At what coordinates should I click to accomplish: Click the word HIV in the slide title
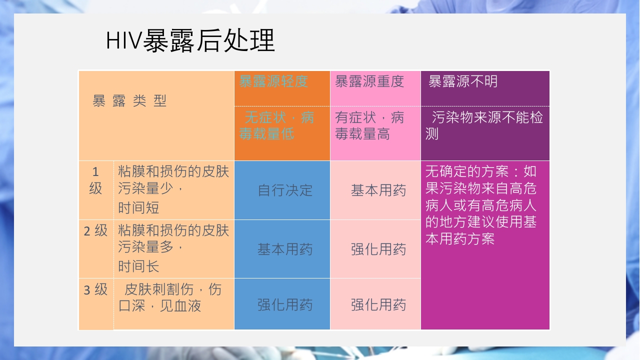tap(123, 40)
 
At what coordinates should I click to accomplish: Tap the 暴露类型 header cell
tap(129, 101)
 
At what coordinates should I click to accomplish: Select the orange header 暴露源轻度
tap(273, 81)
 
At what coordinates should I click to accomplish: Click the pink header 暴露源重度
tap(369, 81)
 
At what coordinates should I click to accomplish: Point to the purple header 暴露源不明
tap(462, 81)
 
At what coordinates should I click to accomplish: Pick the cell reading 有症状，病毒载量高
tap(369, 126)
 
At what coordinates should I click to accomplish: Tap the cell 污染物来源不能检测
tap(483, 126)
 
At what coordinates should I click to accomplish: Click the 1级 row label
tap(95, 180)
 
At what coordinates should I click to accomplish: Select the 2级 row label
tap(95, 230)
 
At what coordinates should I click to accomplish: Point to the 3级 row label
tap(95, 289)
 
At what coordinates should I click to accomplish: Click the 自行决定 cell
tap(285, 190)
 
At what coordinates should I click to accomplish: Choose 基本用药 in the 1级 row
tap(378, 190)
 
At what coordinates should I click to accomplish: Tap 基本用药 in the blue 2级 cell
tap(285, 249)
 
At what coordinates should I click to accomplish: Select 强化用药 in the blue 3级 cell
tap(285, 304)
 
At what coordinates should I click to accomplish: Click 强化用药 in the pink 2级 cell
tap(378, 249)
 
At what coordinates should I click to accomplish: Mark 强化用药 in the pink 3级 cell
tap(378, 304)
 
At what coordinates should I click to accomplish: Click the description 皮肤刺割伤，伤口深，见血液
tap(170, 297)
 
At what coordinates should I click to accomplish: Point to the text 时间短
tap(138, 208)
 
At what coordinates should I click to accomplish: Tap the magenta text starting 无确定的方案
tap(480, 205)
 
